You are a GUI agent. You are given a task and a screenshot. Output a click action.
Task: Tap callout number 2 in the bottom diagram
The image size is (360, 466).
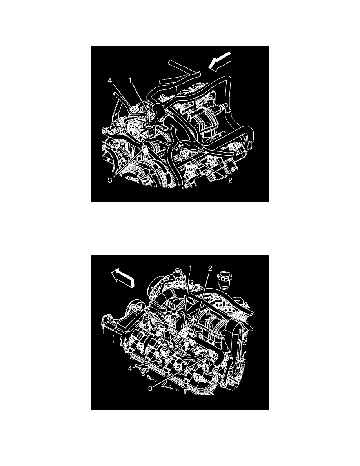210,268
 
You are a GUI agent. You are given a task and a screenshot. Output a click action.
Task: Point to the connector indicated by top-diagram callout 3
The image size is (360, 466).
145,149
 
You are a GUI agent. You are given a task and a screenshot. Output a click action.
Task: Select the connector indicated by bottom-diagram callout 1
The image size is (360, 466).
184,334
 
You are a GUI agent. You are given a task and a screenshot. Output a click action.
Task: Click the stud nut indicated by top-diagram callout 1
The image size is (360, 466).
149,114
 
